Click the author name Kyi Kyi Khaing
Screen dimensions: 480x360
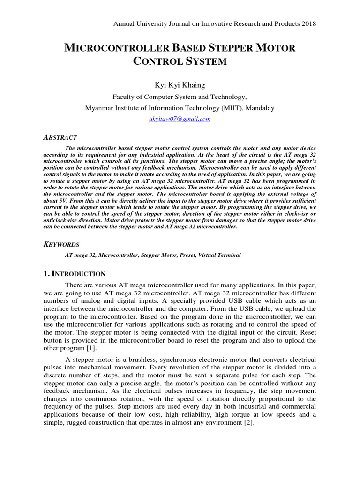180,85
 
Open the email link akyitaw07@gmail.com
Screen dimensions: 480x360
180,119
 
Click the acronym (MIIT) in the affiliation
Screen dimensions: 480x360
230,108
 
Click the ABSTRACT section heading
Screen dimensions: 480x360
60,137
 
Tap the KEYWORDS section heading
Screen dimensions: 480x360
61,244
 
